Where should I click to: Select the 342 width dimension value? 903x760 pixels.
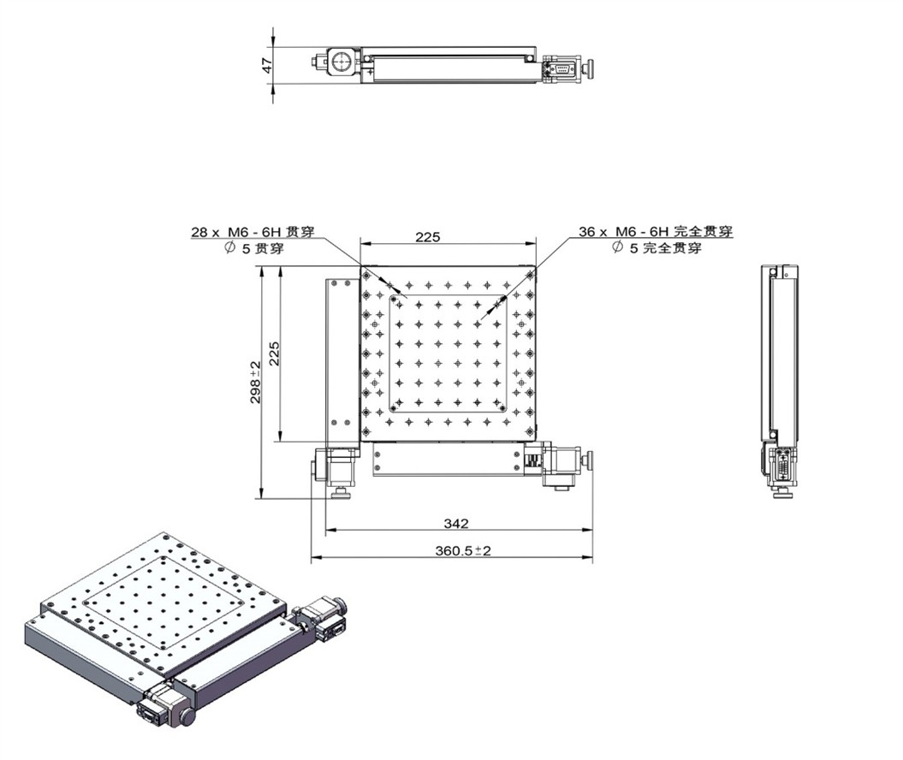coord(456,524)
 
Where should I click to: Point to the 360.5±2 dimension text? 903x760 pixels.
coord(463,550)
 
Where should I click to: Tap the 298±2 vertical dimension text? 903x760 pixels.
coord(256,382)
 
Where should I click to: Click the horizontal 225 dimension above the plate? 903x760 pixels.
coord(428,236)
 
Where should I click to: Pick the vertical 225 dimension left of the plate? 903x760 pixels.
coord(274,353)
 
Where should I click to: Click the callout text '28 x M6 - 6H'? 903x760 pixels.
coord(236,232)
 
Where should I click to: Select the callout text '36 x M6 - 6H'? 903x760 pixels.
coord(624,231)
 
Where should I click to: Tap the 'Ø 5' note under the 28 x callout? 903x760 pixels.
coord(238,249)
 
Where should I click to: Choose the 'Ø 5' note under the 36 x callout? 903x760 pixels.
coord(626,248)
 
